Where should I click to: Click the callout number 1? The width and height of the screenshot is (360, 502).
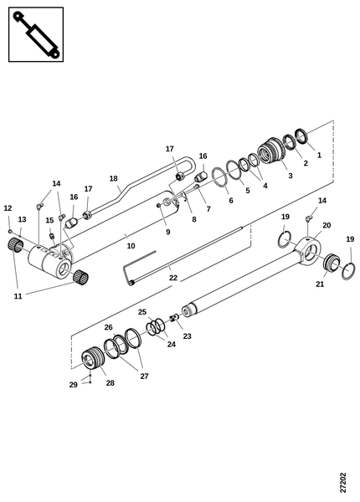319,155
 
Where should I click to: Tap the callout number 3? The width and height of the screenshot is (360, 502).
291,176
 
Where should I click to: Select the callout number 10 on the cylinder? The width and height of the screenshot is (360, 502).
131,246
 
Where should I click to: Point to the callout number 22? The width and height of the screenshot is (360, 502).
173,278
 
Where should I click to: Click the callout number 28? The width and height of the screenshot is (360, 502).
110,383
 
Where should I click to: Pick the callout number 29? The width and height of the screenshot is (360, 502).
74,385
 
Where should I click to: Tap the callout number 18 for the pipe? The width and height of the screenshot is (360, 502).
113,178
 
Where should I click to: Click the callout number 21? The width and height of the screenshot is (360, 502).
320,284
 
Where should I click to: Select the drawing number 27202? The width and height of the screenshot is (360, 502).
342,483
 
